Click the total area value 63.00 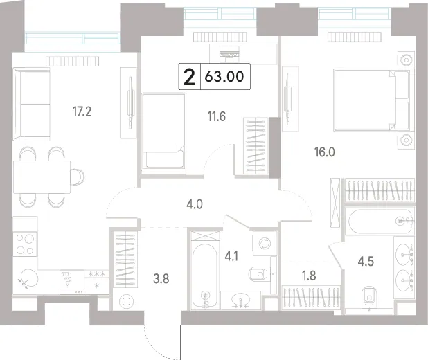[x=224, y=76]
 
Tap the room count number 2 [x=190, y=77]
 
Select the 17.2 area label [x=82, y=111]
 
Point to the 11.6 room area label [x=217, y=116]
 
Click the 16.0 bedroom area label [x=325, y=152]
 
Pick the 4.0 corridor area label [x=195, y=204]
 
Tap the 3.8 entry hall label [x=161, y=279]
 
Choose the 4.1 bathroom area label [x=231, y=257]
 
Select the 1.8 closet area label [x=309, y=276]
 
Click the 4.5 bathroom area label [x=366, y=261]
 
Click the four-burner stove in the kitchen [x=25, y=244]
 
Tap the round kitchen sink [x=28, y=279]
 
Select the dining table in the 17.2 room [x=42, y=177]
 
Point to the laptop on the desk [x=229, y=54]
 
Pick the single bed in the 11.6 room [x=163, y=134]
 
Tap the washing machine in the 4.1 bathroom [x=265, y=243]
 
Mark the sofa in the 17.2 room [x=32, y=104]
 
